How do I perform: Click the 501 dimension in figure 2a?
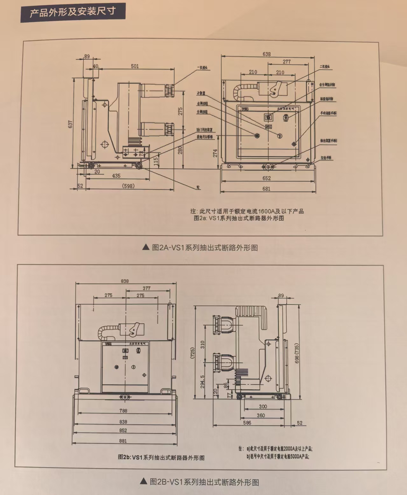[135, 66]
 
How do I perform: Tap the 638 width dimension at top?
[267, 54]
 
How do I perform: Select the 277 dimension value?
[287, 62]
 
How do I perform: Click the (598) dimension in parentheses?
[128, 186]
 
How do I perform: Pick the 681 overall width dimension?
[266, 189]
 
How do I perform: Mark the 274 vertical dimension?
[215, 153]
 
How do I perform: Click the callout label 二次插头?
[325, 67]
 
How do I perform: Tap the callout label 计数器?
[201, 94]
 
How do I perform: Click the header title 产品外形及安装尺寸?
[73, 12]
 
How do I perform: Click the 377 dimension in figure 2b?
[146, 288]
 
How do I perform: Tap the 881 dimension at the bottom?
[123, 441]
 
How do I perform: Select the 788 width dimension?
[123, 411]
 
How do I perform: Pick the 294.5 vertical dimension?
[203, 381]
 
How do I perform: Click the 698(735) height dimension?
[297, 353]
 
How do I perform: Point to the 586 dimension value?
[247, 423]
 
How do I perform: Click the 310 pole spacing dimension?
[203, 344]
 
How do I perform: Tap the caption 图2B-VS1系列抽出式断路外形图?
[200, 482]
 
